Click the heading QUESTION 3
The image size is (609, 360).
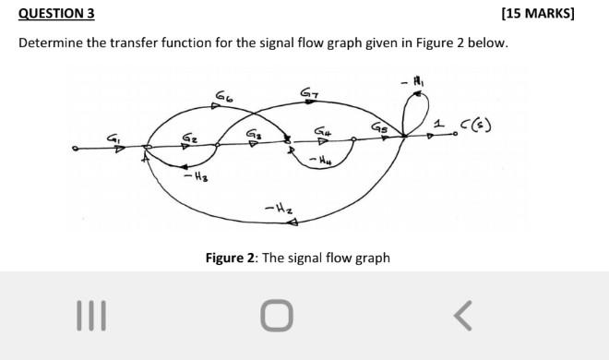tap(56, 14)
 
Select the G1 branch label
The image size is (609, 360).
tap(115, 138)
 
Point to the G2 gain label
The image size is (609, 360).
tap(189, 138)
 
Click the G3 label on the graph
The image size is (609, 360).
tap(251, 134)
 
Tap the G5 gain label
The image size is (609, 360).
tap(379, 128)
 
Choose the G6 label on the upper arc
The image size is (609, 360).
tap(224, 95)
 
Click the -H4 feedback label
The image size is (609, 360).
tap(318, 162)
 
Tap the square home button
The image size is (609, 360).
tap(277, 317)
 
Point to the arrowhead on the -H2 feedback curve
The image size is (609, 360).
tap(302, 219)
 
